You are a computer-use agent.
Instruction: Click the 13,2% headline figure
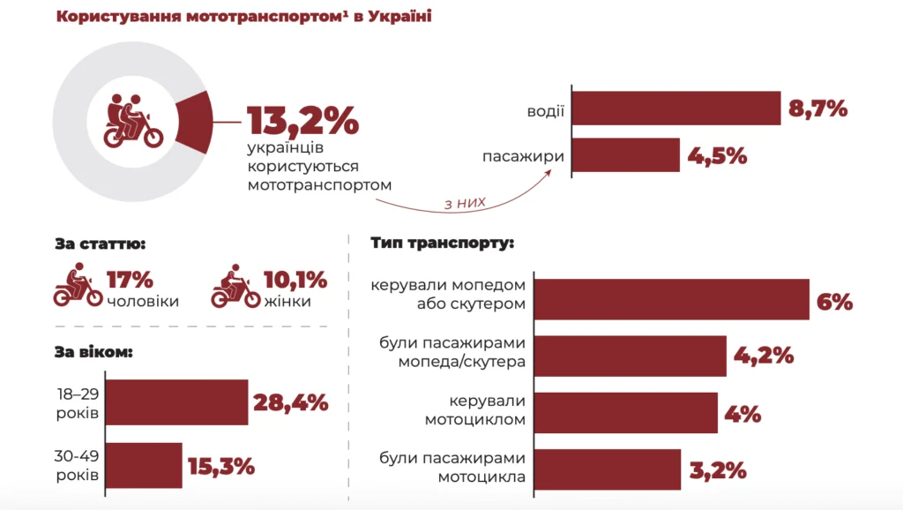pyautogui.click(x=302, y=121)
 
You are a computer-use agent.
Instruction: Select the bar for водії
pyautogui.click(x=676, y=109)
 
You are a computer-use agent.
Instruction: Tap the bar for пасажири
pyautogui.click(x=626, y=155)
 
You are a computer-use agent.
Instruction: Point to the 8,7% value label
pyautogui.click(x=817, y=109)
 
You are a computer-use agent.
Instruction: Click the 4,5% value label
pyautogui.click(x=717, y=156)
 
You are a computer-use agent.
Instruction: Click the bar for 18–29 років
pyautogui.click(x=179, y=402)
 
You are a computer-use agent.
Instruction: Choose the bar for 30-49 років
pyautogui.click(x=146, y=465)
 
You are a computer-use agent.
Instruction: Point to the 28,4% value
pyautogui.click(x=290, y=403)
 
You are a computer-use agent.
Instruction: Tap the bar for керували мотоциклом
pyautogui.click(x=626, y=413)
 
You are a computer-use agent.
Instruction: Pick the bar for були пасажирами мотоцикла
pyautogui.click(x=608, y=469)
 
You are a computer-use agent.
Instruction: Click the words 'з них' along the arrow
pyautogui.click(x=465, y=204)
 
